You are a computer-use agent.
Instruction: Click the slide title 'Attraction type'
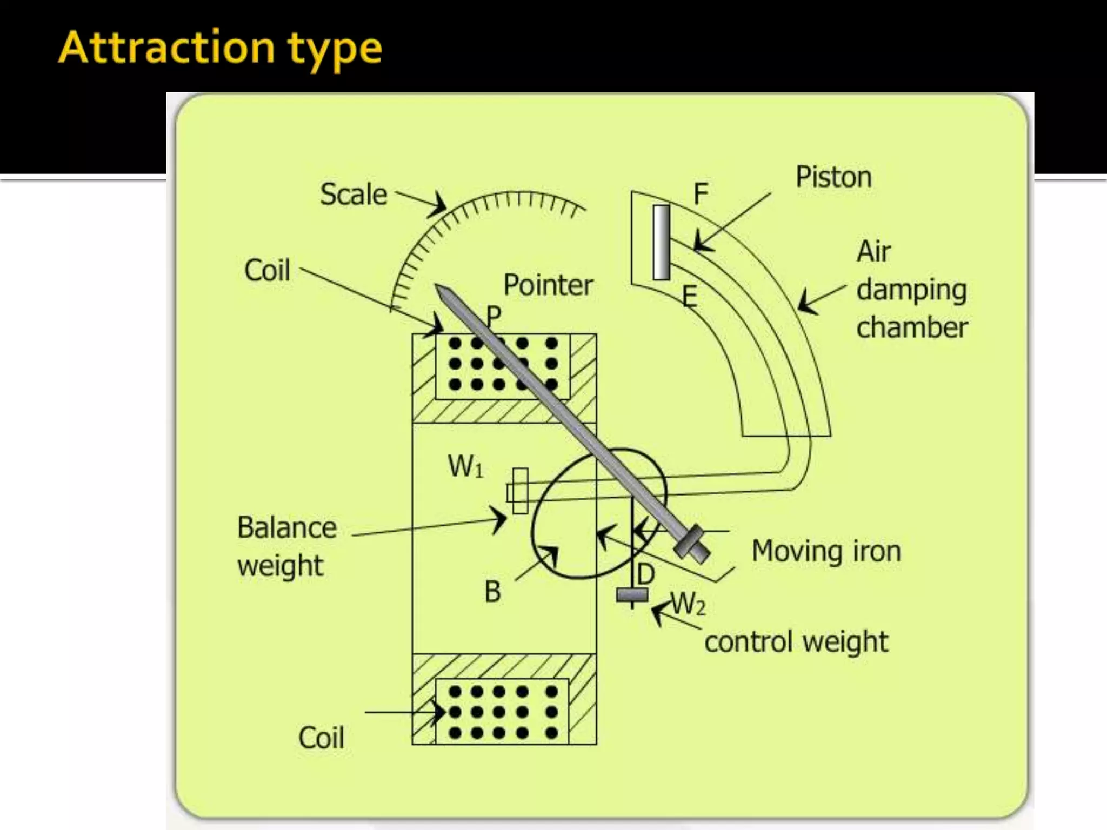(221, 49)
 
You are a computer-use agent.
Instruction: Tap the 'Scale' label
(354, 195)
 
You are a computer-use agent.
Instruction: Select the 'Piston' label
(833, 177)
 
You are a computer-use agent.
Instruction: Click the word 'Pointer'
(548, 285)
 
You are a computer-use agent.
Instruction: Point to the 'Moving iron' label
(826, 552)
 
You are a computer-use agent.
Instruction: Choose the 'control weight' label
(796, 642)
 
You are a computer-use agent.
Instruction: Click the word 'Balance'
(287, 527)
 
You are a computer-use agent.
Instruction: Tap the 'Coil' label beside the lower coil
(321, 738)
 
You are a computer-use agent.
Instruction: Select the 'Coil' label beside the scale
(267, 270)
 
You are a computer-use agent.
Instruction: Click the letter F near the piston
(701, 194)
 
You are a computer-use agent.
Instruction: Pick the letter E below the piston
(689, 297)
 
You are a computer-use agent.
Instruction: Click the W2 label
(688, 604)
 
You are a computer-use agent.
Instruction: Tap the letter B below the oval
(492, 591)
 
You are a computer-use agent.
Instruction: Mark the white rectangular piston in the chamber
(661, 242)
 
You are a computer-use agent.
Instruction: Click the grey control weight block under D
(632, 595)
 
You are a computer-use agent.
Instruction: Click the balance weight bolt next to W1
(519, 491)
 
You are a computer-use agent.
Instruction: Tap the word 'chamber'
(912, 327)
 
